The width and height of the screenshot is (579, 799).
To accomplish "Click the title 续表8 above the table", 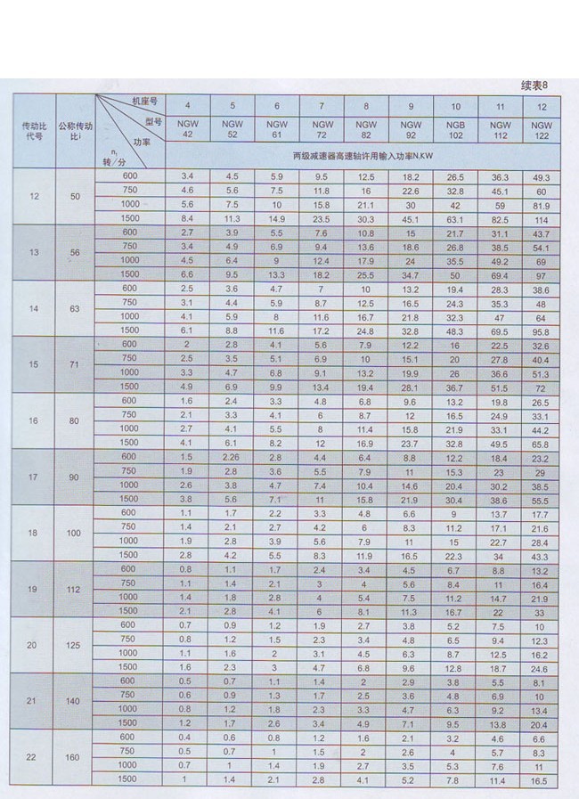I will pos(541,86).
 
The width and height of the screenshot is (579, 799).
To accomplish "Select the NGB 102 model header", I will pos(455,130).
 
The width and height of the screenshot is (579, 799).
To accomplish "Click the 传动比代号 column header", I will pos(34,132).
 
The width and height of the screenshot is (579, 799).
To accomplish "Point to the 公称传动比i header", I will pos(73,131).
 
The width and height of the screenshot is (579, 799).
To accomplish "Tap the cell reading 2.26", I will pos(232,457).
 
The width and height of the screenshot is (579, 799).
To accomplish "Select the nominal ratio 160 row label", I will pos(74,758).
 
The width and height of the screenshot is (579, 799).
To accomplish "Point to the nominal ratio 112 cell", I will pos(74,590).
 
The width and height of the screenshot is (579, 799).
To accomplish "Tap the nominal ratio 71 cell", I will pos(74,365).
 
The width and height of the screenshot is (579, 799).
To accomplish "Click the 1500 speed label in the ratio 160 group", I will pos(130,779).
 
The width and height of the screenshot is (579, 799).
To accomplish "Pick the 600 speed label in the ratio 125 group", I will pos(130,625).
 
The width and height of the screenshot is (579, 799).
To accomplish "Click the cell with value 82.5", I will pos(499,219).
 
